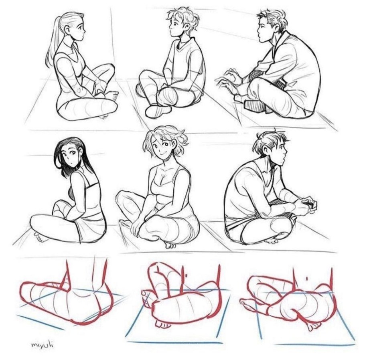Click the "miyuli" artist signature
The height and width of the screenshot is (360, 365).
[43, 344]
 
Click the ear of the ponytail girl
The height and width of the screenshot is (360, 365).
[67, 29]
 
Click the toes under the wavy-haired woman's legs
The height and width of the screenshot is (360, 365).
[169, 245]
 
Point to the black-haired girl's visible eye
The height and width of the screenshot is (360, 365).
[73, 153]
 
